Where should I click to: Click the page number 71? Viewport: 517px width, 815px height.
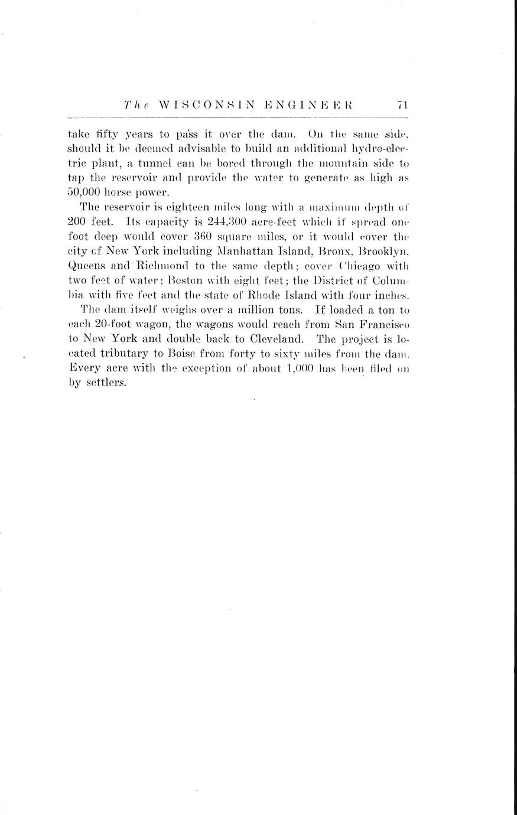pos(402,105)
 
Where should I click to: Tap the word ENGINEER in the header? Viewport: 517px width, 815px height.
pos(308,105)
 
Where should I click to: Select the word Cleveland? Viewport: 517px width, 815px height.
pos(278,339)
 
